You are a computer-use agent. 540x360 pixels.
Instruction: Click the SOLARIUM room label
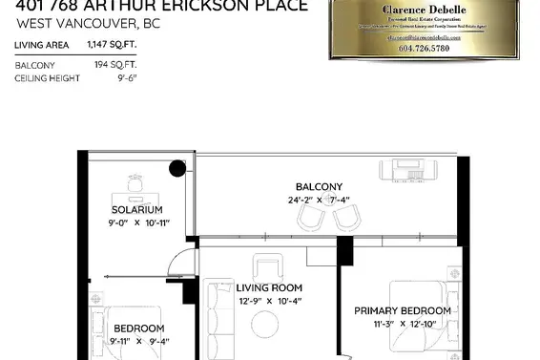click(x=136, y=209)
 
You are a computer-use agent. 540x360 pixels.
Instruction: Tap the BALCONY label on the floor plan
click(x=319, y=187)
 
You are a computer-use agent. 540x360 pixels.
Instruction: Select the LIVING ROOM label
click(x=269, y=287)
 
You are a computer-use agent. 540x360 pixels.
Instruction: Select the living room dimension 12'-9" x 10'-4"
click(x=270, y=302)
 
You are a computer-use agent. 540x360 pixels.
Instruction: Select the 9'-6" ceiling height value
click(x=127, y=78)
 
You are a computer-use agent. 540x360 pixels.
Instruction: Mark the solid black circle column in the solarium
click(x=177, y=170)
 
